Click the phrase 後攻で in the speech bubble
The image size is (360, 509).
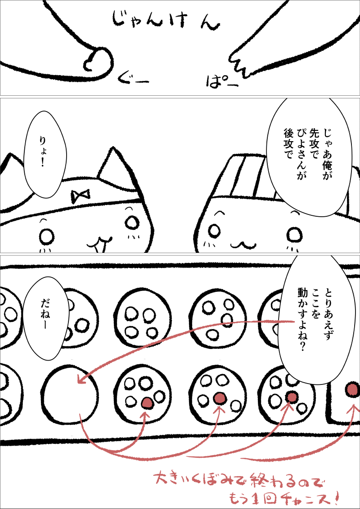tap(288, 143)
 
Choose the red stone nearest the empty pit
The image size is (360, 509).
tap(148, 402)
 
